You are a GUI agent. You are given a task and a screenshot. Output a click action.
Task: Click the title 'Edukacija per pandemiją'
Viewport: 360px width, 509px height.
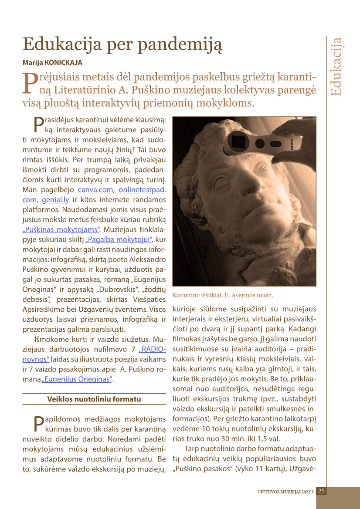[x=122, y=44]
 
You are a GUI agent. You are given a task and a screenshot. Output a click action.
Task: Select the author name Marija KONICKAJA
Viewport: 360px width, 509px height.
[x=52, y=63]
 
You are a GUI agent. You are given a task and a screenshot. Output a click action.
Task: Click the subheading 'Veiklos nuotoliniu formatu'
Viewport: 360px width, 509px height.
[x=94, y=399]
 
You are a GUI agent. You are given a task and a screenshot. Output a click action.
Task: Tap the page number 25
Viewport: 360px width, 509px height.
[x=321, y=491]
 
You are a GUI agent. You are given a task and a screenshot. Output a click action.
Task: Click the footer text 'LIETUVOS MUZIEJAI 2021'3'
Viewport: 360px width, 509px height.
[x=285, y=492]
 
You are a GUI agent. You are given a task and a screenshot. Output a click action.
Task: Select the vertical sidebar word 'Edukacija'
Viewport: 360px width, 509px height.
[x=336, y=67]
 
